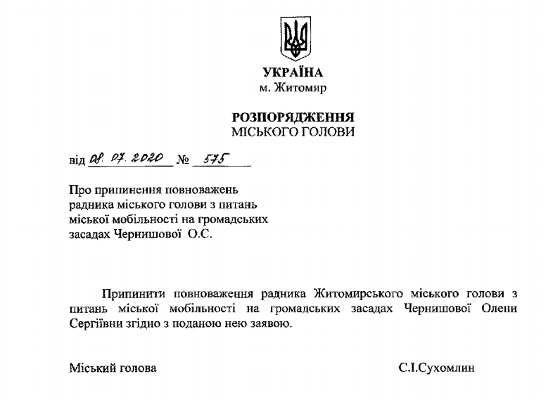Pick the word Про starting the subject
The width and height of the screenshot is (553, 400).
tap(80, 190)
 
